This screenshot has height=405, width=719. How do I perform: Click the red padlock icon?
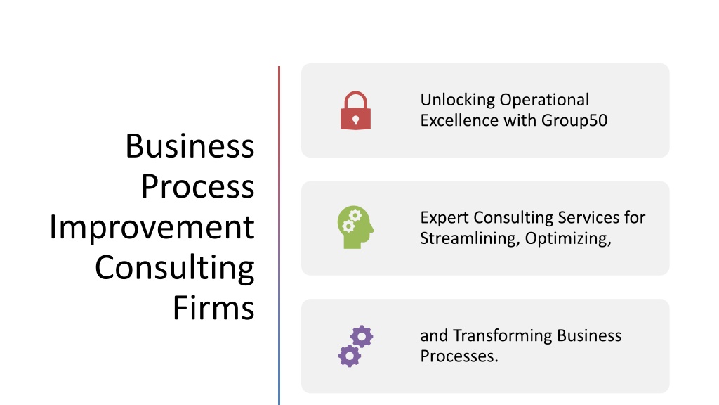click(x=355, y=110)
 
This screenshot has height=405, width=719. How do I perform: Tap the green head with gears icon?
click(x=355, y=227)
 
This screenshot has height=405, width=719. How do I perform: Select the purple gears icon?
click(x=356, y=346)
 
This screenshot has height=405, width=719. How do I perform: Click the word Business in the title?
click(x=190, y=146)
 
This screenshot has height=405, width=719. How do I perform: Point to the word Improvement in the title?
click(x=152, y=227)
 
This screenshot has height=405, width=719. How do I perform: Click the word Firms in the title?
click(x=213, y=308)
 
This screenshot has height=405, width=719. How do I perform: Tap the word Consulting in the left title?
click(x=174, y=268)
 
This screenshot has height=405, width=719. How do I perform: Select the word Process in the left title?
click(x=197, y=186)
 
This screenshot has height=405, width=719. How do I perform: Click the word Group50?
click(x=574, y=121)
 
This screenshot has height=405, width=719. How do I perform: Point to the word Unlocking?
click(x=458, y=100)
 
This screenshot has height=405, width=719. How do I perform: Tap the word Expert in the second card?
click(x=444, y=218)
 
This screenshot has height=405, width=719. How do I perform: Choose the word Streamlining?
click(x=470, y=239)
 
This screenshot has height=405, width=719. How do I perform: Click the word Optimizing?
click(x=568, y=239)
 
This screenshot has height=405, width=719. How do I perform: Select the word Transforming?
click(x=503, y=336)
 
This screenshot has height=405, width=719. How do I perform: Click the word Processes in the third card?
click(x=459, y=356)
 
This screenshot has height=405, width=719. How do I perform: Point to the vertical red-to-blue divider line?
click(x=279, y=236)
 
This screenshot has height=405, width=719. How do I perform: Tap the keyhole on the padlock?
click(x=355, y=120)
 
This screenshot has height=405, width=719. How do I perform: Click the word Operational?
click(x=544, y=100)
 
